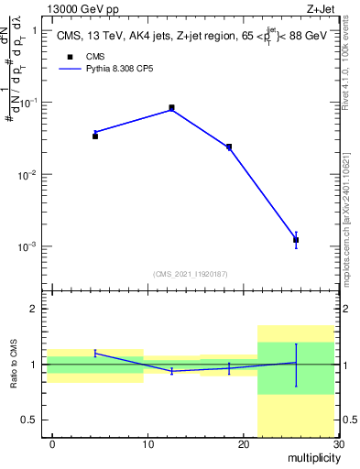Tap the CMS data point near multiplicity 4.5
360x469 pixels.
coord(95,136)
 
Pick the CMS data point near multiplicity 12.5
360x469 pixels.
coord(172,108)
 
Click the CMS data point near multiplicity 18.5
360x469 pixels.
coord(229,147)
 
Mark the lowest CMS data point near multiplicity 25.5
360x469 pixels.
coord(296,240)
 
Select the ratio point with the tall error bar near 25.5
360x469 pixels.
coord(296,363)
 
